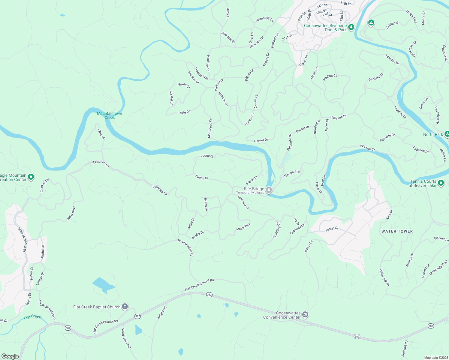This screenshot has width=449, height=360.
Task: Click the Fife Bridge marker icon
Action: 269,190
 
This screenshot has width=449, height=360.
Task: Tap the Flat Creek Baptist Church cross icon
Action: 125,307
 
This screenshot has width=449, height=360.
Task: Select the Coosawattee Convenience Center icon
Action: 305,314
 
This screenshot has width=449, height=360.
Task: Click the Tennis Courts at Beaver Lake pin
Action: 441,183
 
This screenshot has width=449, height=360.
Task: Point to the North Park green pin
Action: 447,134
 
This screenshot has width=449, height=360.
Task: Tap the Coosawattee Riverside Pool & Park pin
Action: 351,27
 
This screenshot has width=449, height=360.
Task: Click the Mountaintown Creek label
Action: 110,115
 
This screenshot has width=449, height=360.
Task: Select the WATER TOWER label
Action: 397,231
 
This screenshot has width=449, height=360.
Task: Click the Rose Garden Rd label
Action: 185,247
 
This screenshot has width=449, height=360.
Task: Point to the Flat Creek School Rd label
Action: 199,285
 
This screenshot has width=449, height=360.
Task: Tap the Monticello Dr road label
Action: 210,128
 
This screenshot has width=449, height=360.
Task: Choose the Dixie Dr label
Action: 184,112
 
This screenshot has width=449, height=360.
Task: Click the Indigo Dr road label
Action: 332,229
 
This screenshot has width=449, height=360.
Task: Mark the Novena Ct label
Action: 367,148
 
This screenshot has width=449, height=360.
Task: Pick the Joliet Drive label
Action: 71,213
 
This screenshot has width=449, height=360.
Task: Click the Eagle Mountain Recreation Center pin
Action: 31,177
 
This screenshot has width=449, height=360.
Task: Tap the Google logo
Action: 10,356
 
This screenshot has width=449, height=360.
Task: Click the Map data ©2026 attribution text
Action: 435,358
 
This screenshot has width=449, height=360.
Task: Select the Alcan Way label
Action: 243,227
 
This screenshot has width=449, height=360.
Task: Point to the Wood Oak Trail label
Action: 126,338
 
